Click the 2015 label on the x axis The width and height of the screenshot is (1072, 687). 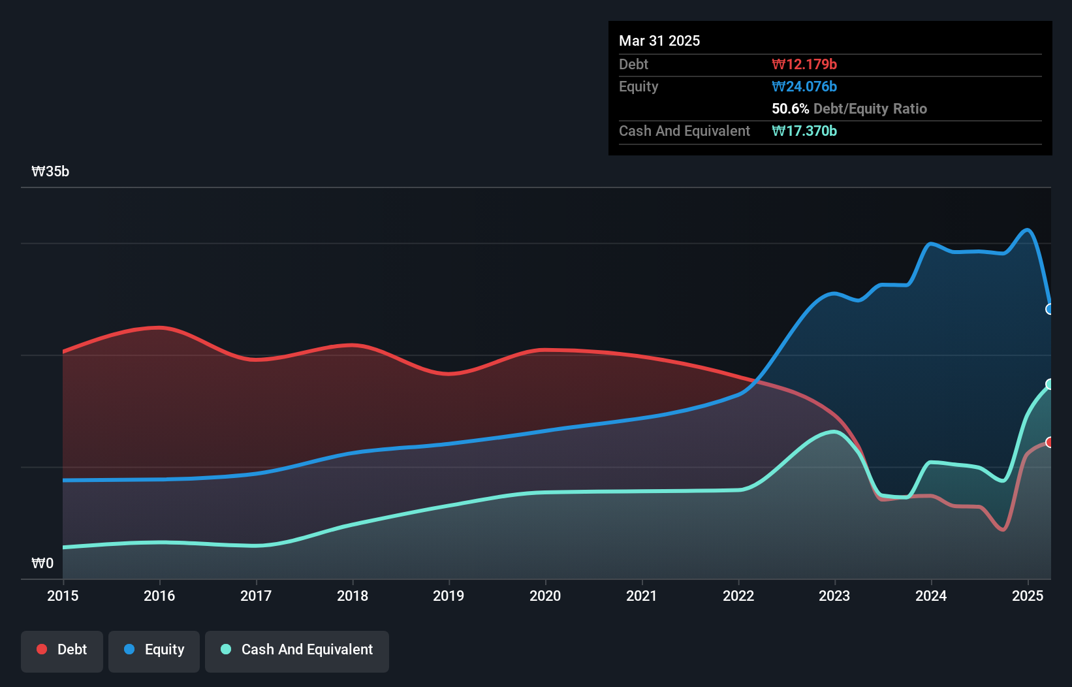(x=63, y=596)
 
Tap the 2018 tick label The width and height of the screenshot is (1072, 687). (x=353, y=596)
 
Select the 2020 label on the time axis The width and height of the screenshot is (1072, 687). (x=545, y=596)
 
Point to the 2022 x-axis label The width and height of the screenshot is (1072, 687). (x=738, y=596)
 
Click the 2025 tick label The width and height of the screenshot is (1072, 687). (x=1028, y=596)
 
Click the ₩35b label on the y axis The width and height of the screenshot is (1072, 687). (x=50, y=171)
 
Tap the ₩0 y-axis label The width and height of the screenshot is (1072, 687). (x=42, y=563)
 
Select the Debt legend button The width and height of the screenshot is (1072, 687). (x=62, y=650)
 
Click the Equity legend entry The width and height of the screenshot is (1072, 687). (x=154, y=650)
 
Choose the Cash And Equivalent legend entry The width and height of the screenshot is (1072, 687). (x=297, y=650)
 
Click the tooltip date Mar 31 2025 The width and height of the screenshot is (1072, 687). (x=659, y=40)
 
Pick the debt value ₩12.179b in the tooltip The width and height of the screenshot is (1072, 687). (x=804, y=64)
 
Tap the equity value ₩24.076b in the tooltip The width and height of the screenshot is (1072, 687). (x=804, y=86)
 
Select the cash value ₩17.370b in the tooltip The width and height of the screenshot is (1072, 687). (x=804, y=131)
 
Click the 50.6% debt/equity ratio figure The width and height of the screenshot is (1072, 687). (x=791, y=108)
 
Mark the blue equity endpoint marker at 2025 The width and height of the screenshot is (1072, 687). (x=1050, y=309)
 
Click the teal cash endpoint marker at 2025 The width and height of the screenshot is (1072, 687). (x=1050, y=384)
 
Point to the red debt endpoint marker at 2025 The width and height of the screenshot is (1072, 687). (x=1050, y=442)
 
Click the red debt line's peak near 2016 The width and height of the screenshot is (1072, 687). (x=159, y=327)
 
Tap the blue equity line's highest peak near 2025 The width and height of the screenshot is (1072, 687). (x=1027, y=229)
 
